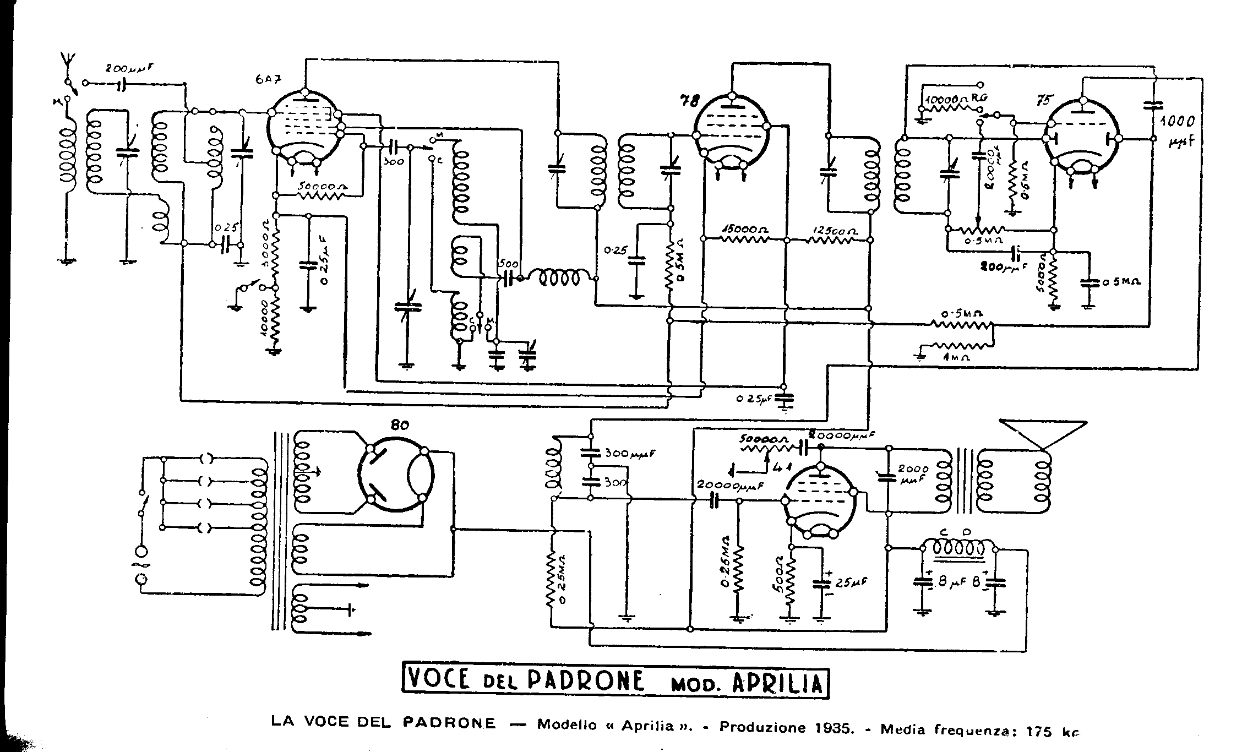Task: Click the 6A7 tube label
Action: pos(269,78)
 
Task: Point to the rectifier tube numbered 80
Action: pos(395,474)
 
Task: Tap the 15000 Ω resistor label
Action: pos(746,229)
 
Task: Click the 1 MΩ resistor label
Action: pos(955,357)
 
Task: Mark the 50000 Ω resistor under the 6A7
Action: pos(322,187)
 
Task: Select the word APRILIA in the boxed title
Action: pos(777,683)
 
